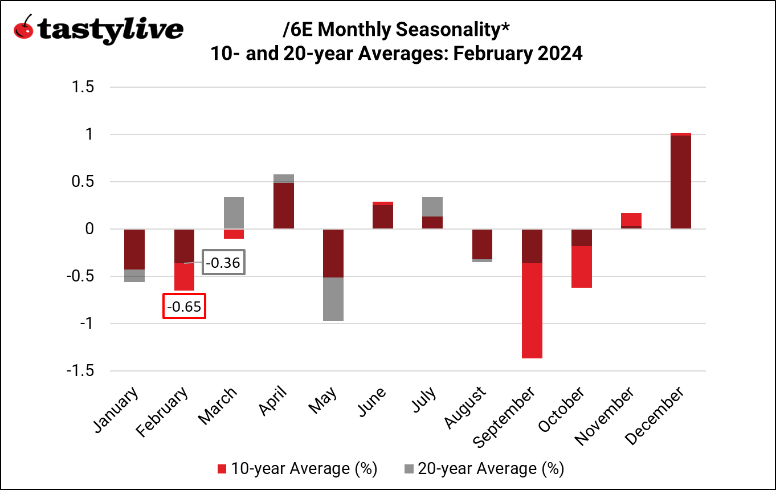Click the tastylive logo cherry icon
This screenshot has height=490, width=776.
(x=24, y=28)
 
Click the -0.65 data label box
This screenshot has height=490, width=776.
(x=184, y=307)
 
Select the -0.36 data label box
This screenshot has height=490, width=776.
(x=224, y=263)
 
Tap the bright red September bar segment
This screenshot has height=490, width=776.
(x=532, y=311)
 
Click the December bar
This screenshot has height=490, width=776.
(x=680, y=181)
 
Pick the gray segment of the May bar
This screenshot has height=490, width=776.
(x=333, y=299)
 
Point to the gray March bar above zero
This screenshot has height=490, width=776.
(x=234, y=213)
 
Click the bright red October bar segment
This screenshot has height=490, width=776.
(x=582, y=267)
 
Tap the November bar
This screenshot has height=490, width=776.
(x=631, y=220)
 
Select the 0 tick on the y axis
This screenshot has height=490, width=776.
(x=89, y=229)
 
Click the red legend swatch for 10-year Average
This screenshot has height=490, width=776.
(x=223, y=469)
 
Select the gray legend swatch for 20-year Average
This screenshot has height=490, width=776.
(x=409, y=469)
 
